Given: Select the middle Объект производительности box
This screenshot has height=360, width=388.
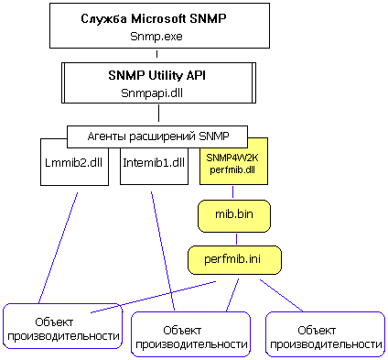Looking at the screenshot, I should click(191, 336).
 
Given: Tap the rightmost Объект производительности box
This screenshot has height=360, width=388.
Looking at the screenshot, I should click(325, 334).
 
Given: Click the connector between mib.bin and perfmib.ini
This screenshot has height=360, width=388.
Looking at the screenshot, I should click(234, 236).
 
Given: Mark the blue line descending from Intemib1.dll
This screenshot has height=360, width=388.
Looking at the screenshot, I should click(161, 247).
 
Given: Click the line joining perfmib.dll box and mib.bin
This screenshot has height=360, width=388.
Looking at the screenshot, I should click(234, 192).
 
